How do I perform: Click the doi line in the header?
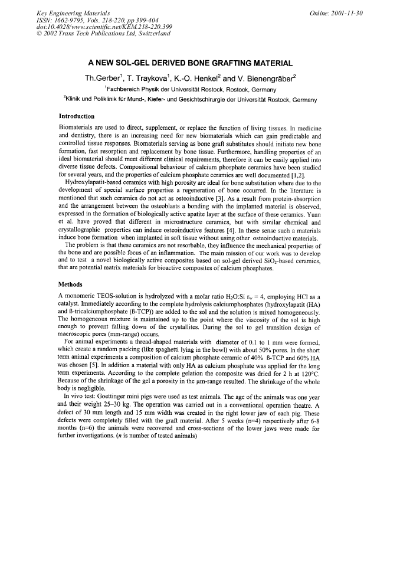pyautogui.click(x=97, y=27)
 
